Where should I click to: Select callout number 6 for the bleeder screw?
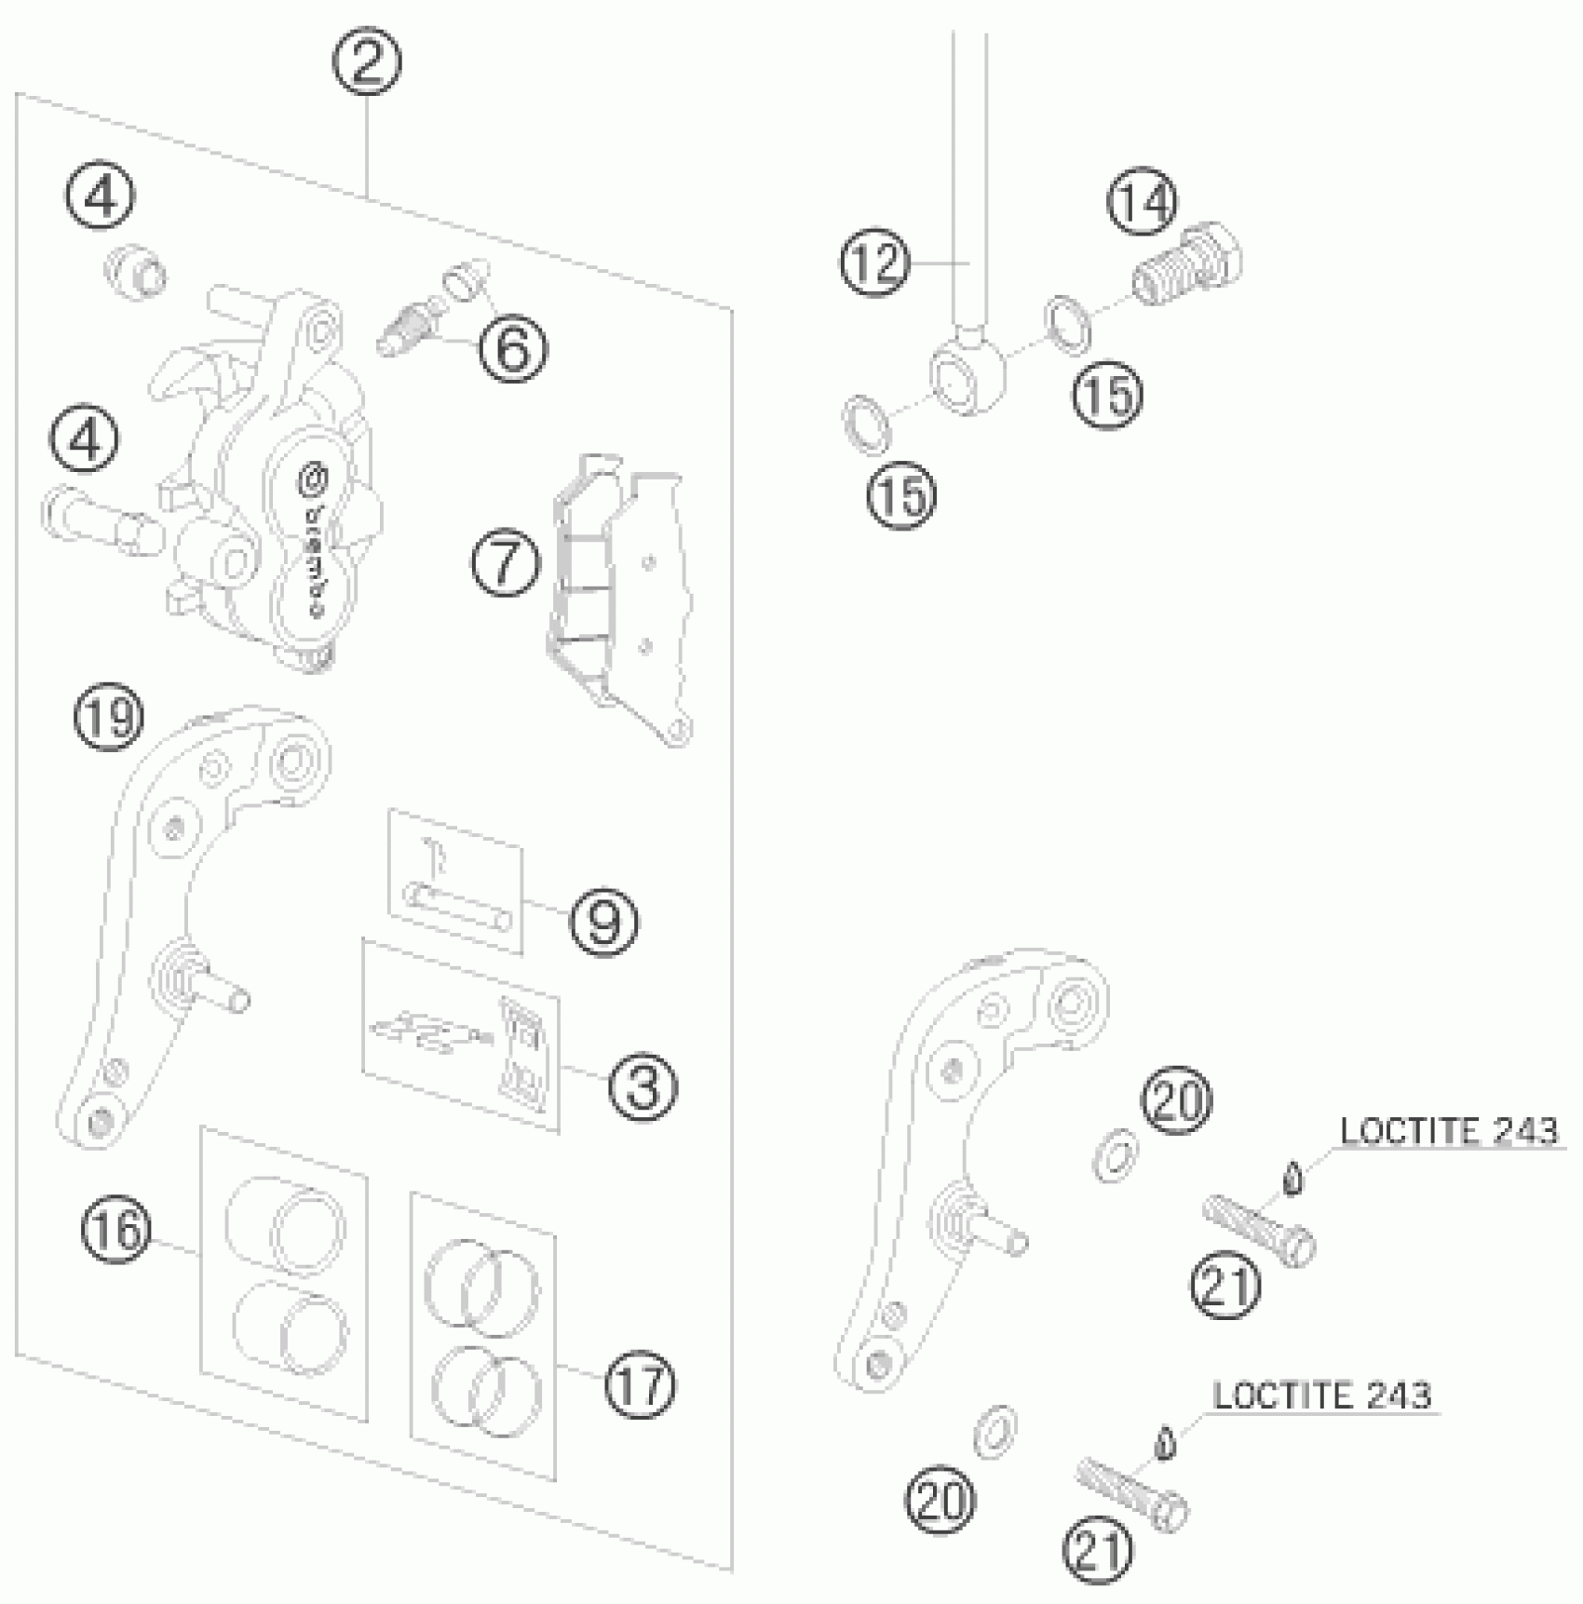(x=512, y=348)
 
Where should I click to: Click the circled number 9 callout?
(x=603, y=921)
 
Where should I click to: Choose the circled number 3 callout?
(x=643, y=1085)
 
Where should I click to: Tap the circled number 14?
(x=1142, y=202)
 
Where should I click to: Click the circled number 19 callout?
(x=110, y=718)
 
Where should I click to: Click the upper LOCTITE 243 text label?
(x=1448, y=1131)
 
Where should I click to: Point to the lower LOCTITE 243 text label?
(x=1321, y=1395)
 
